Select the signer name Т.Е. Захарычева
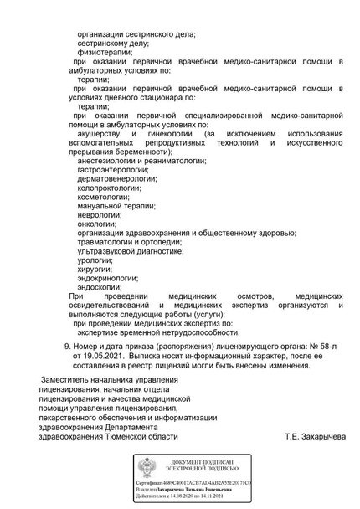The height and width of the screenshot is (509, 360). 314,436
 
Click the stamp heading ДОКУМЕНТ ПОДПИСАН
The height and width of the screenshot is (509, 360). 205,463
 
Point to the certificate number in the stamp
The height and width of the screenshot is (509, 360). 212,484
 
